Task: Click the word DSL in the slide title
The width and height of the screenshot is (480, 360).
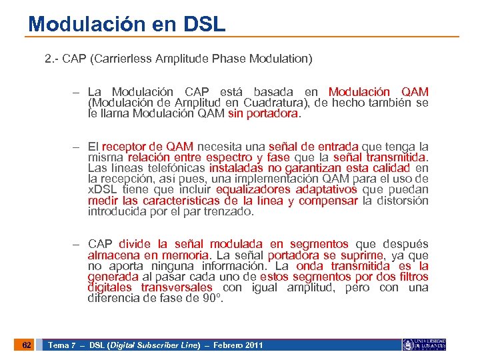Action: tap(203, 25)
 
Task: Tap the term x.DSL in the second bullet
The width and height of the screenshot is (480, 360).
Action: tap(102, 190)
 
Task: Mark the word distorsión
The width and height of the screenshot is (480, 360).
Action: tap(403, 201)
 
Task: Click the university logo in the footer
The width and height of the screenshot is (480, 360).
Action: tap(424, 345)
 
